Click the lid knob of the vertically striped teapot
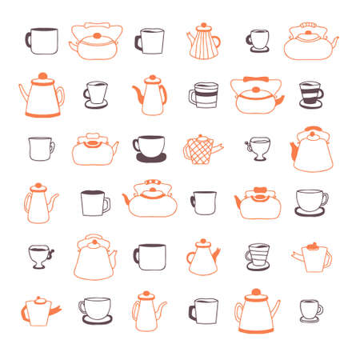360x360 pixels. (x=202, y=26)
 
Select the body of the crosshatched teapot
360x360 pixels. (x=199, y=150)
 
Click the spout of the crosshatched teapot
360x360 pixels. (x=218, y=145)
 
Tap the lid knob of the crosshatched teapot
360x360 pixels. (x=199, y=137)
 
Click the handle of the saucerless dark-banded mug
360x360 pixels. (x=193, y=98)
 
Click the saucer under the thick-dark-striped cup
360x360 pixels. (x=311, y=106)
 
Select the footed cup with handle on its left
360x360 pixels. (x=258, y=146)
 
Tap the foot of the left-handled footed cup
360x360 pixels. (x=258, y=158)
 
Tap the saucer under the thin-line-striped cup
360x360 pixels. (x=256, y=270)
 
